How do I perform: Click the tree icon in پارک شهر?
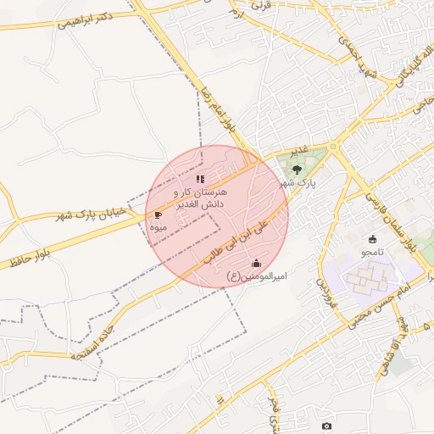[296, 170]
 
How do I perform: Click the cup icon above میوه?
[158, 215]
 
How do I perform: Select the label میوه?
[158, 227]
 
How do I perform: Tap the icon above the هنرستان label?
[200, 180]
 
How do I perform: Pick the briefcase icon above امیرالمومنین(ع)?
[257, 264]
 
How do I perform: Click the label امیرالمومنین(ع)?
[258, 276]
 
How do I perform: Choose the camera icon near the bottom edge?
[327, 425]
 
